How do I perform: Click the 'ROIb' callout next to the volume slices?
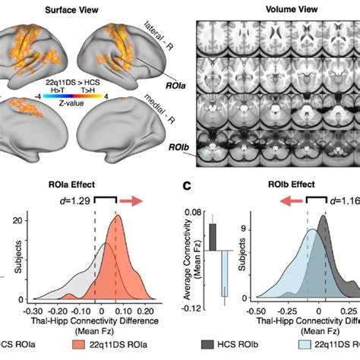pyautogui.click(x=183, y=141)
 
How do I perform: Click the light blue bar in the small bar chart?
pyautogui.click(x=225, y=273)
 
